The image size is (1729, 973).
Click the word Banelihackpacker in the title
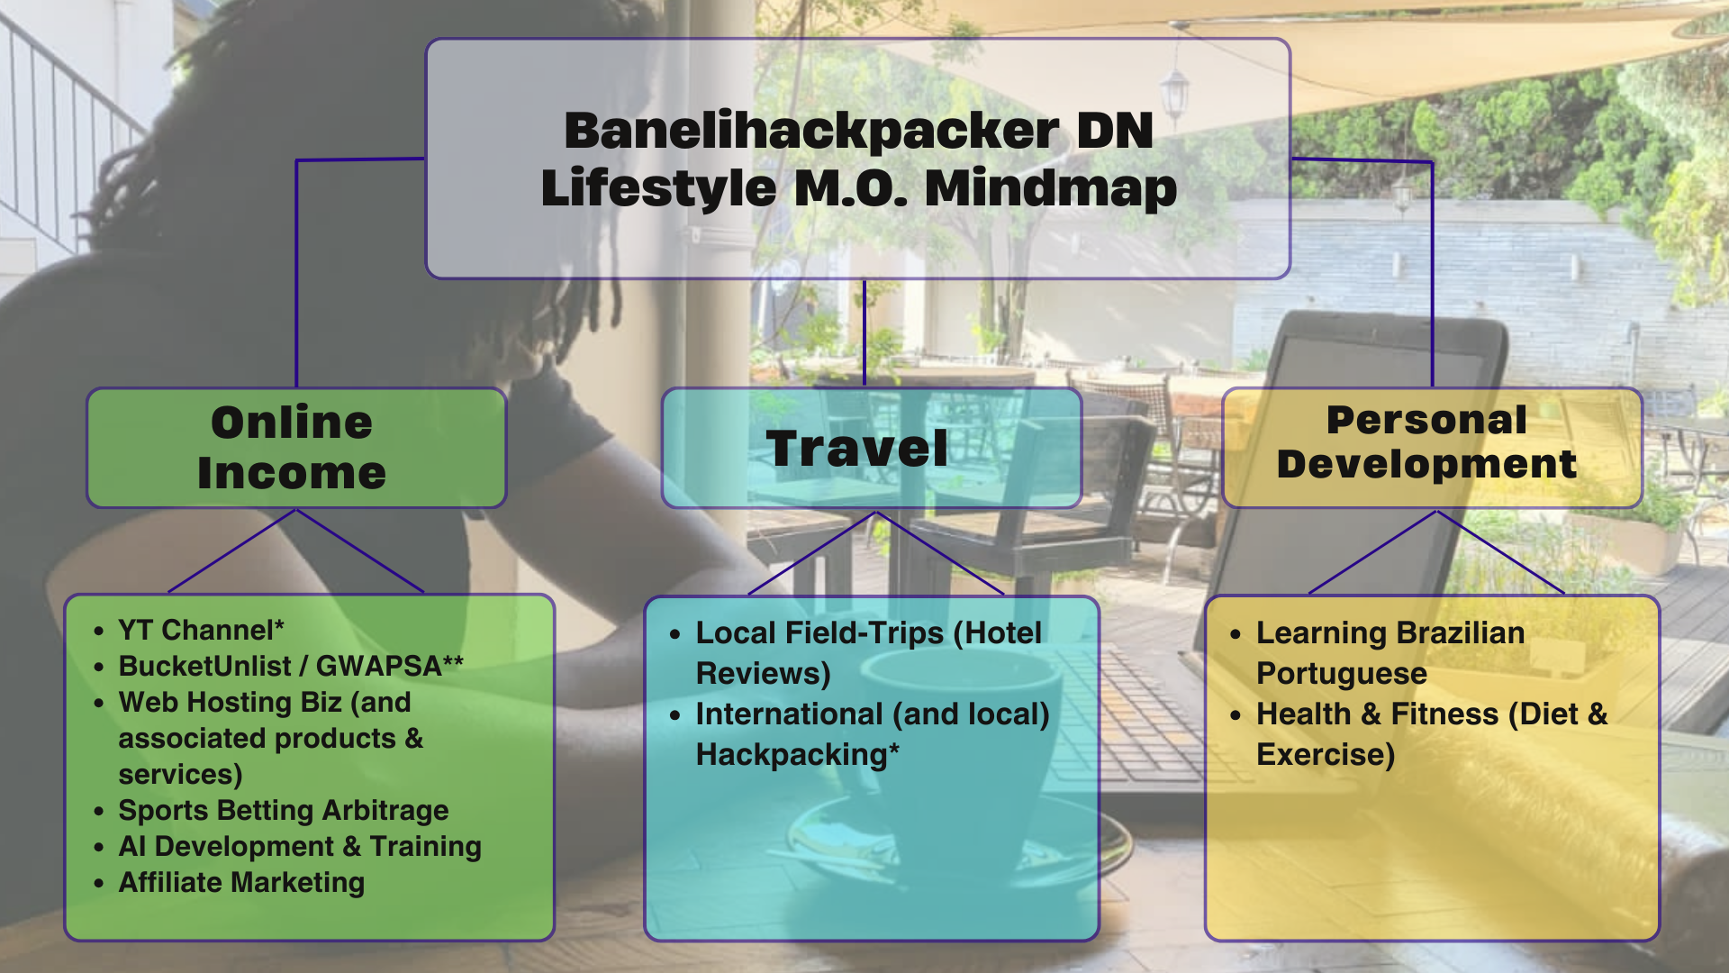click(810, 132)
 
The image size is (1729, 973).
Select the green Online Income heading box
click(296, 448)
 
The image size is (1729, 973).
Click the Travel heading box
click(871, 448)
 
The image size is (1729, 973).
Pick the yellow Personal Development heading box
click(1431, 447)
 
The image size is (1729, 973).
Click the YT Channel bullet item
click(201, 630)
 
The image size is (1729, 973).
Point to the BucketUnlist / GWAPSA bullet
click(290, 666)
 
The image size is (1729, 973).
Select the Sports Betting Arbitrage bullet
click(283, 810)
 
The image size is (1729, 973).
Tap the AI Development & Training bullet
click(299, 846)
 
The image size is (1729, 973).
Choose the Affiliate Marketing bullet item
click(241, 882)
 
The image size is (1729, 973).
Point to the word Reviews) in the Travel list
click(763, 674)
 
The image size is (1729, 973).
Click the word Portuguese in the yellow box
click(1341, 674)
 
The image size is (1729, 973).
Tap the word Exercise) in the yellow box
click(1325, 755)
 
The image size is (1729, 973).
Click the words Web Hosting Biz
click(230, 702)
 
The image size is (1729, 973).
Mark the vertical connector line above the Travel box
click(864, 333)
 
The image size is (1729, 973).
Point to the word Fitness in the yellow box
click(1444, 714)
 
